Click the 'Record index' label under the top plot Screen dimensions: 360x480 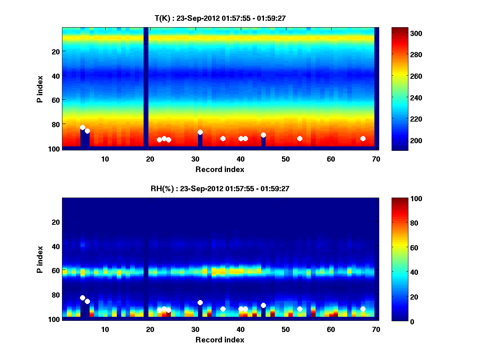pyautogui.click(x=220, y=169)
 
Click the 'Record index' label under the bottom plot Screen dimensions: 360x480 pyautogui.click(x=220, y=340)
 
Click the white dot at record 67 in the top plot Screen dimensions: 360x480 pyautogui.click(x=363, y=138)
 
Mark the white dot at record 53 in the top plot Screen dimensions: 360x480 pyautogui.click(x=300, y=138)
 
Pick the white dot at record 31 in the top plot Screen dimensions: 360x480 pyautogui.click(x=200, y=132)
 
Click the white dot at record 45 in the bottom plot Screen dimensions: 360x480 pyautogui.click(x=263, y=305)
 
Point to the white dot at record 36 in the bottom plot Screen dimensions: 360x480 pyautogui.click(x=223, y=309)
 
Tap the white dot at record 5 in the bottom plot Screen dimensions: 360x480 pyautogui.click(x=82, y=298)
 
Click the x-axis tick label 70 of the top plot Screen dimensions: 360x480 pyautogui.click(x=376, y=159)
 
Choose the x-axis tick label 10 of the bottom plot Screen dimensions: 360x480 pyautogui.click(x=105, y=330)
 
